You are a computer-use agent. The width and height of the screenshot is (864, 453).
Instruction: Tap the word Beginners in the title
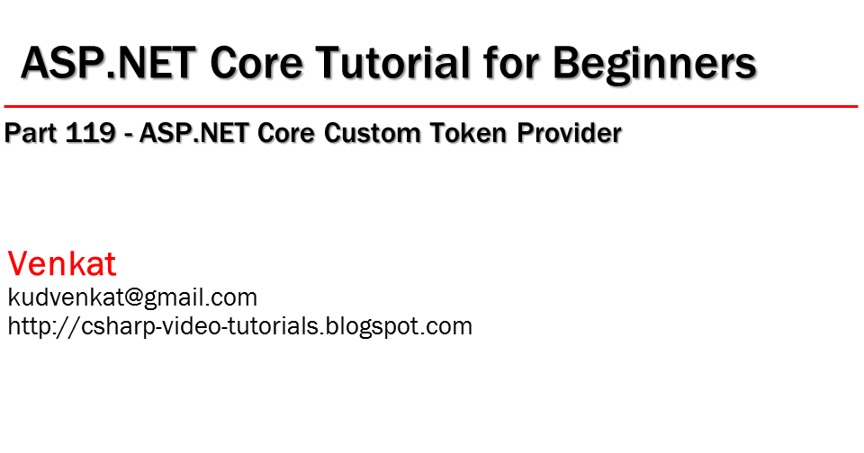(653, 64)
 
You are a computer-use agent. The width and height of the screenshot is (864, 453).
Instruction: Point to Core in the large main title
(255, 64)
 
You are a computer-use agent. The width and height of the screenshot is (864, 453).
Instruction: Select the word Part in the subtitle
(31, 134)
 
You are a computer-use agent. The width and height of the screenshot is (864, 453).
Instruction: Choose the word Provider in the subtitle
(571, 134)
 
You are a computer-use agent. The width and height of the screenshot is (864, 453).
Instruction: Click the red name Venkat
(62, 264)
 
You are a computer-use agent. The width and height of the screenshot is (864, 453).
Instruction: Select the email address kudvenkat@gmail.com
(132, 298)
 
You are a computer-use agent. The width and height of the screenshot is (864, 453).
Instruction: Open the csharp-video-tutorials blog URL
(239, 326)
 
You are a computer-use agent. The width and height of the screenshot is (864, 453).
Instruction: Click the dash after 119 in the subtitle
(130, 135)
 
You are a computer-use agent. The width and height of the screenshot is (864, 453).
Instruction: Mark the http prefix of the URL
(26, 326)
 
